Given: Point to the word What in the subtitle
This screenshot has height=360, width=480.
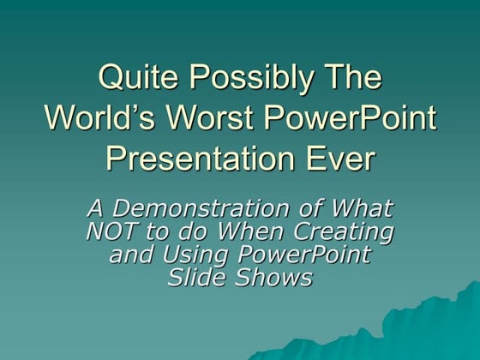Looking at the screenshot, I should tap(361, 208).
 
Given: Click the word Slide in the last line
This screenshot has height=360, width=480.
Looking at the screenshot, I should tap(197, 278).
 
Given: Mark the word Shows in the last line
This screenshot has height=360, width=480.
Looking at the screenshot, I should tap(277, 278).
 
